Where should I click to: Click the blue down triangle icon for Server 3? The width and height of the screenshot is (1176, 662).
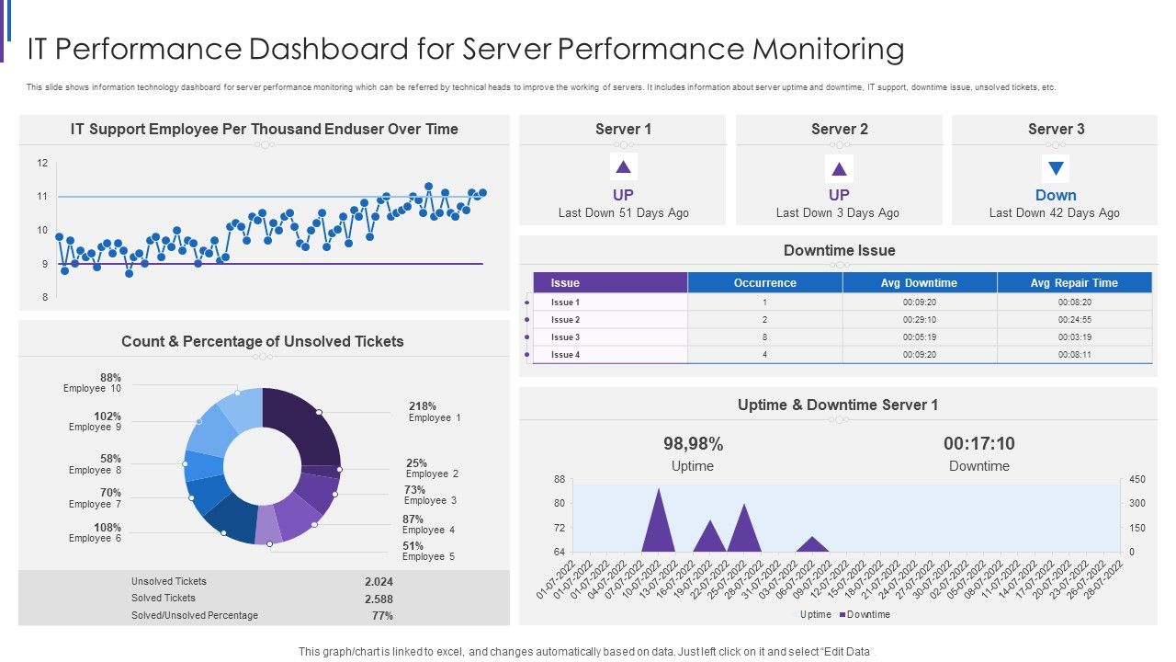click(1056, 168)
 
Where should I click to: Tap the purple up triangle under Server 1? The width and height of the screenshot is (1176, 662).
click(623, 167)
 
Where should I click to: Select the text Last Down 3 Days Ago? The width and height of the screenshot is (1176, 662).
click(838, 213)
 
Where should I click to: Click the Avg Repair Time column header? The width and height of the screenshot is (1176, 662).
click(1073, 283)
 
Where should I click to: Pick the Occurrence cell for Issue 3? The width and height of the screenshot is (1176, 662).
click(764, 337)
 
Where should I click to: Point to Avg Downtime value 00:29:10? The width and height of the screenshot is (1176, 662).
click(919, 320)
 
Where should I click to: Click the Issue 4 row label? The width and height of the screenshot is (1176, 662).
click(565, 355)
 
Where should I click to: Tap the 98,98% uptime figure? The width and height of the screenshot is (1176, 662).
click(693, 444)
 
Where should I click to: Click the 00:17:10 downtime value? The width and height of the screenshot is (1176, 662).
click(978, 444)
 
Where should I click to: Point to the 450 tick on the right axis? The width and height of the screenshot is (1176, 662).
click(1136, 480)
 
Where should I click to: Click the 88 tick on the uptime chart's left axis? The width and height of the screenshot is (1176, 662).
click(560, 480)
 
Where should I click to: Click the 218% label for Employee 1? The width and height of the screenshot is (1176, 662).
click(423, 406)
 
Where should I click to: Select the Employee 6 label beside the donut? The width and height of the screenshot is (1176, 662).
click(95, 539)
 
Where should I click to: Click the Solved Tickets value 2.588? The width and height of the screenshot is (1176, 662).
click(379, 599)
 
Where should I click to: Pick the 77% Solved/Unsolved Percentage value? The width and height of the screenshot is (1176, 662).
click(382, 616)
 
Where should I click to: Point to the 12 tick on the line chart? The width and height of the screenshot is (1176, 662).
click(42, 164)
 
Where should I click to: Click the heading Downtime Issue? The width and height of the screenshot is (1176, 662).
click(839, 250)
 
